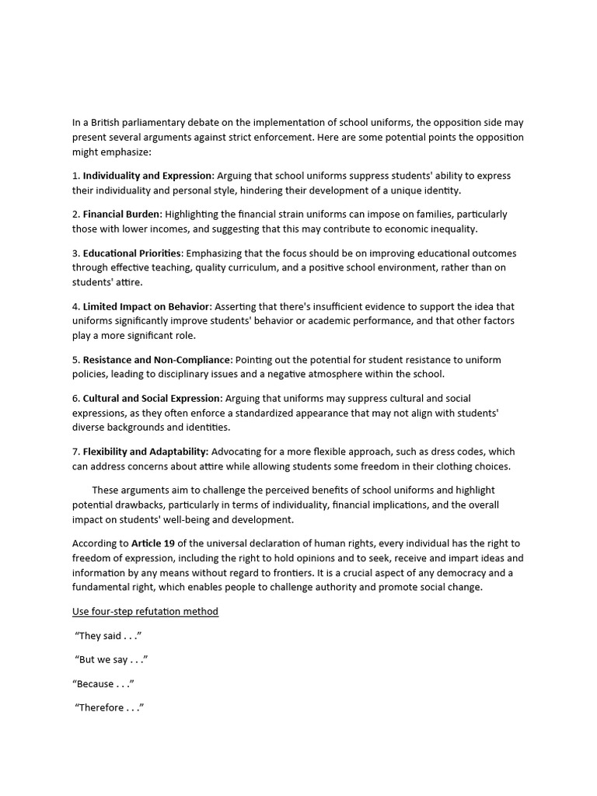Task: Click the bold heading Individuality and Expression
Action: click(148, 176)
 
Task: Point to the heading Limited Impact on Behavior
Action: click(146, 306)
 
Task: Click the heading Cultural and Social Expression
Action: click(152, 398)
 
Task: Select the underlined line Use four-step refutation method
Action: click(145, 612)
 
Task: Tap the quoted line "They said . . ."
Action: click(108, 636)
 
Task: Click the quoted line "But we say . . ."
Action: click(111, 660)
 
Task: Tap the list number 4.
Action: click(75, 306)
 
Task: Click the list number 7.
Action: click(75, 452)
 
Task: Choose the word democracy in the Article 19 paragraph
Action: click(455, 573)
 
